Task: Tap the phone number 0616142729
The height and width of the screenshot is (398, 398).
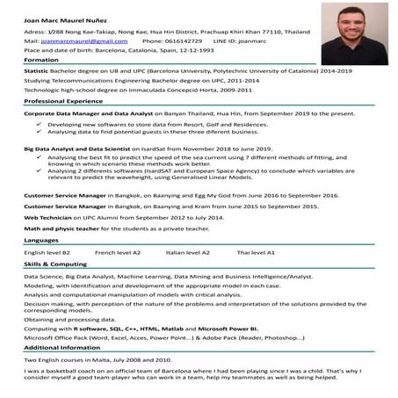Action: pyautogui.click(x=183, y=40)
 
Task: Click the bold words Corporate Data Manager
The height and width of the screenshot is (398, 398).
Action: pyautogui.click(x=57, y=113)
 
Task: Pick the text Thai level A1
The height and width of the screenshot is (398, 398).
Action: pyautogui.click(x=256, y=252)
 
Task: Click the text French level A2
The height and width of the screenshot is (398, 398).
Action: pyautogui.click(x=118, y=252)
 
